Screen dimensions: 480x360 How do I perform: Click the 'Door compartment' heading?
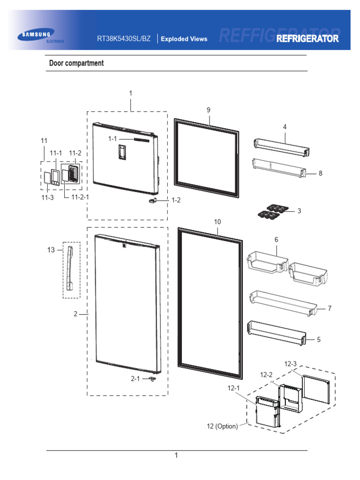coord(76,63)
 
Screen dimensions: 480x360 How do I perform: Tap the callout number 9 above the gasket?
coord(209,110)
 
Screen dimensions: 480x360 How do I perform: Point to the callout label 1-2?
coord(176,200)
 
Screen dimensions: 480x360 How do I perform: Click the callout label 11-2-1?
coord(80,197)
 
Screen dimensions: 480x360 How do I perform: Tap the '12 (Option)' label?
coord(222,427)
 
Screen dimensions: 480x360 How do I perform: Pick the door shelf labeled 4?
coord(281,147)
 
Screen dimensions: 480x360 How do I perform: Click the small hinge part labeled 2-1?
coord(152,379)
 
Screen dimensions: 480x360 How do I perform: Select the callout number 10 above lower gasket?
coord(217,221)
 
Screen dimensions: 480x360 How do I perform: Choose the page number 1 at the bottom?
coord(176,455)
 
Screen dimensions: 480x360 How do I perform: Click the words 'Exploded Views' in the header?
coord(184,39)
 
